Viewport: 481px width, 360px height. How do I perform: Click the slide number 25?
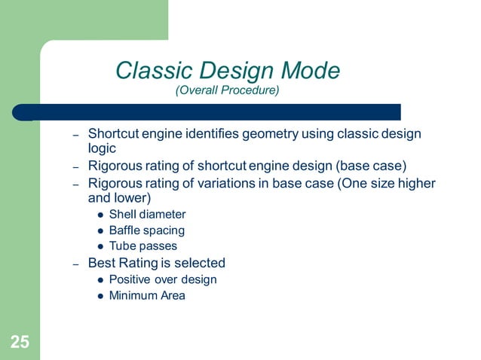click(20, 343)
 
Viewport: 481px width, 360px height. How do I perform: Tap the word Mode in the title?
click(309, 71)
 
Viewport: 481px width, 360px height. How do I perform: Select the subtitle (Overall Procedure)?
click(227, 91)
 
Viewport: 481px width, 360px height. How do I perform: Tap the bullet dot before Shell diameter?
click(101, 215)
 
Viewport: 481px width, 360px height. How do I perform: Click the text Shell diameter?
click(147, 215)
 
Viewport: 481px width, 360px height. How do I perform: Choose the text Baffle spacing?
click(146, 230)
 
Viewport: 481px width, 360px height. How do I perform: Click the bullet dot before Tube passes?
click(101, 246)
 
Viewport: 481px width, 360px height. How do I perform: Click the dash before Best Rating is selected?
click(75, 264)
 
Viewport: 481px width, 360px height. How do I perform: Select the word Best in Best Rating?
click(102, 263)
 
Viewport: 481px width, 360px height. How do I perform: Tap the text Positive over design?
click(163, 279)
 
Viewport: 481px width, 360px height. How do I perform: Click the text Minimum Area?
click(147, 295)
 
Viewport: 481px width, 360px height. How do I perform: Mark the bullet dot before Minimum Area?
click(101, 295)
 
